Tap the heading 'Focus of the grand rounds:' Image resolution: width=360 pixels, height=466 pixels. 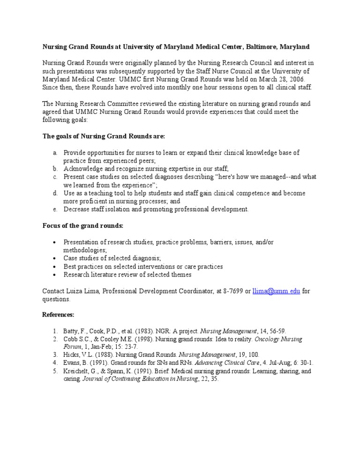click(82, 225)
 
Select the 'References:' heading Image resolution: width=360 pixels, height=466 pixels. click(58, 315)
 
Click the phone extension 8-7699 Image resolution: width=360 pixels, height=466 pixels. click(230, 291)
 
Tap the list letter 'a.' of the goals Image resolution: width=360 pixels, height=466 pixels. click(55, 153)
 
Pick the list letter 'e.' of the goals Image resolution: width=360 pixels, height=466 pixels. click(55, 209)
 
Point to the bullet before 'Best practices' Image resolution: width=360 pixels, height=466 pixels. click(55, 267)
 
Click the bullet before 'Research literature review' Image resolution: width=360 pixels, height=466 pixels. click(55, 275)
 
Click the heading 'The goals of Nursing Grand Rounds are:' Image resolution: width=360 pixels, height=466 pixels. click(104, 136)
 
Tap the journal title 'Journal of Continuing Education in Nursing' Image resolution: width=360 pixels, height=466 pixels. click(140, 379)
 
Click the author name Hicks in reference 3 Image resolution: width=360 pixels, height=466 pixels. click(72, 355)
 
